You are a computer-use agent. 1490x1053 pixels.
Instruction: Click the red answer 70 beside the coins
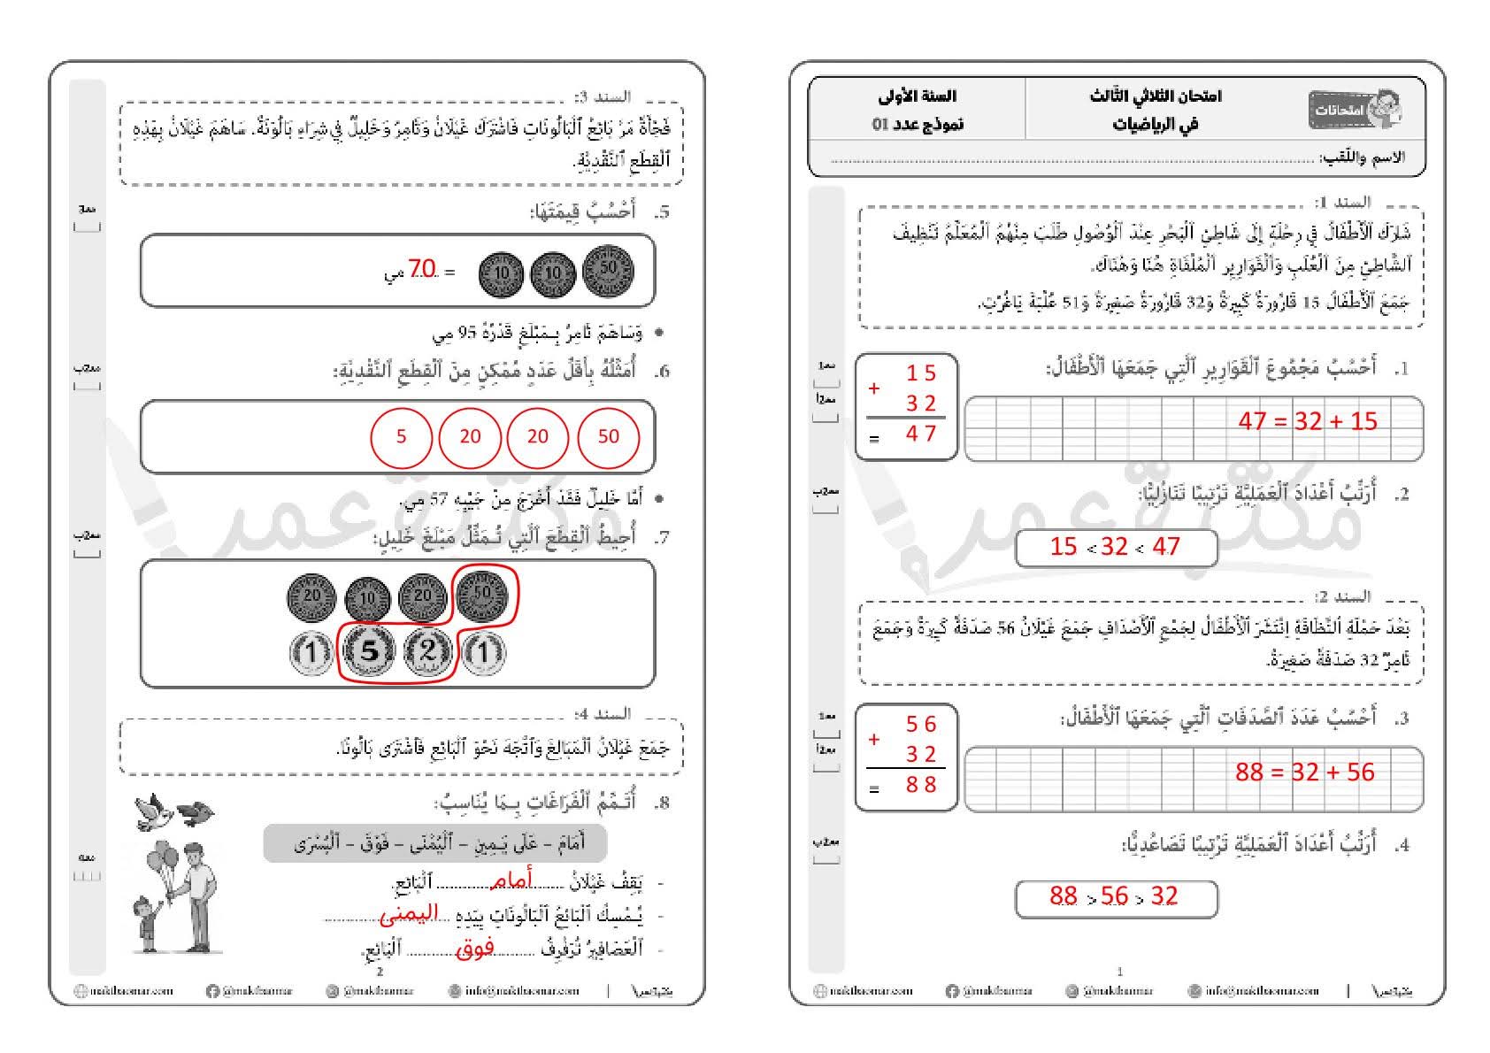(423, 269)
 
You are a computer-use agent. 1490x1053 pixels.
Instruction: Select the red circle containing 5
(401, 436)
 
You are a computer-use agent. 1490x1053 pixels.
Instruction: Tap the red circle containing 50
(608, 436)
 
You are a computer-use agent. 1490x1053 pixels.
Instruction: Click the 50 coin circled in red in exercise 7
(482, 593)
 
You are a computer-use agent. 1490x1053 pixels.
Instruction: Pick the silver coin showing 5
(370, 652)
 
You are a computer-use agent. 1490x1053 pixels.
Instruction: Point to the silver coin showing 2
(427, 652)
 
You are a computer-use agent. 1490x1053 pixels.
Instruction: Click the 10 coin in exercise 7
(367, 600)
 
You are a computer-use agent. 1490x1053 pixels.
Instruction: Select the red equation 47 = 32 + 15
(1308, 421)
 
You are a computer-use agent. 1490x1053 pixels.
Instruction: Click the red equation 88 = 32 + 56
(1305, 772)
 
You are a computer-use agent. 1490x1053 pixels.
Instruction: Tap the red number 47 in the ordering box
(1166, 547)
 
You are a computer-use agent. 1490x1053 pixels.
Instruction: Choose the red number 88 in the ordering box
(1063, 896)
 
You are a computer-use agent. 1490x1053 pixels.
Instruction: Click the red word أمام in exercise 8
(512, 880)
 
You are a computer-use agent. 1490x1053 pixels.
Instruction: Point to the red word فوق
(475, 949)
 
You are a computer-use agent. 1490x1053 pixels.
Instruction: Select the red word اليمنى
(409, 915)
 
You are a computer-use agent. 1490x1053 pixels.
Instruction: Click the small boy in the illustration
(147, 925)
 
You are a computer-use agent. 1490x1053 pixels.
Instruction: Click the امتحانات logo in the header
(1355, 110)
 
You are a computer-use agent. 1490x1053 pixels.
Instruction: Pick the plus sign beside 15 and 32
(874, 388)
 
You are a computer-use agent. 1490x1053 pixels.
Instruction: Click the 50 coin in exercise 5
(609, 269)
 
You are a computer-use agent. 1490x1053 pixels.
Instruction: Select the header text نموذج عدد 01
(917, 124)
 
